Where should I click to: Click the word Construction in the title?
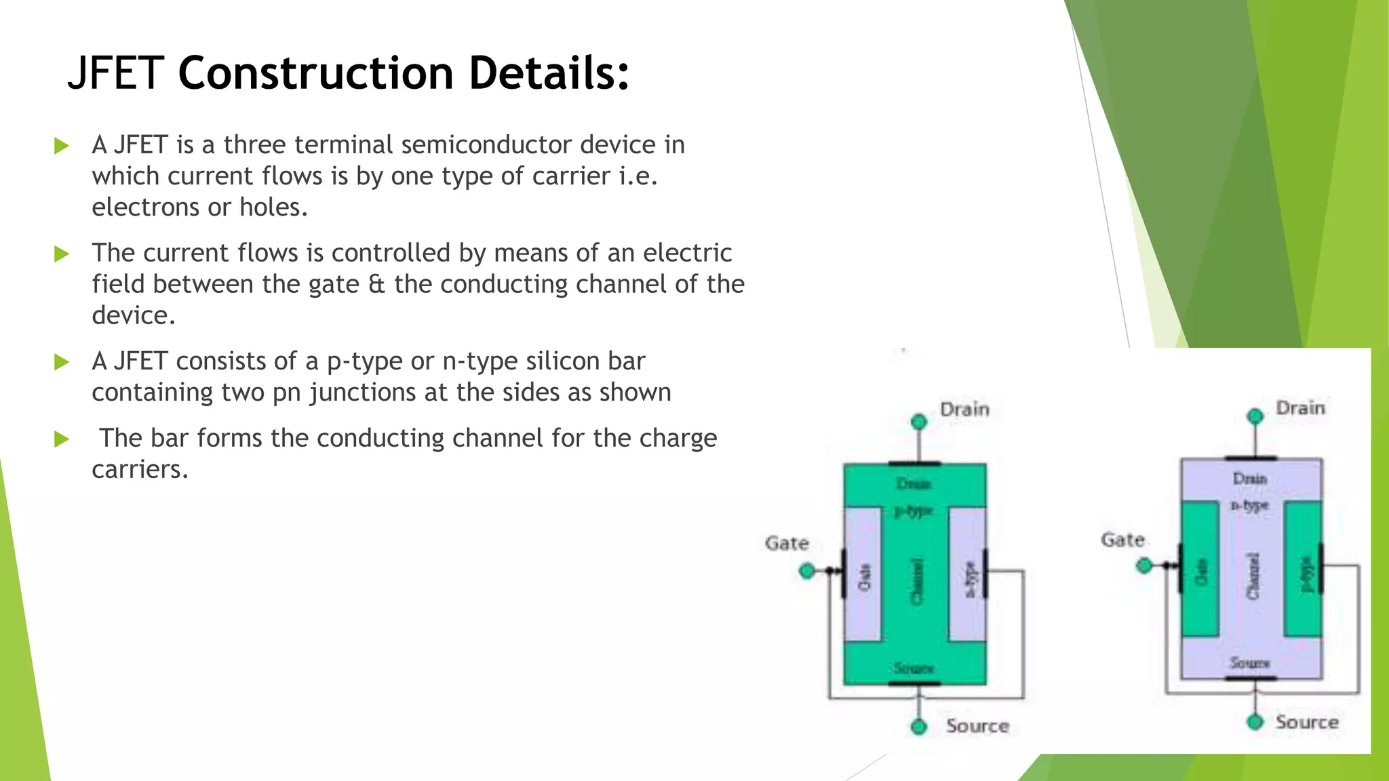(x=315, y=73)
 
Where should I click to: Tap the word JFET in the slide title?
(x=115, y=73)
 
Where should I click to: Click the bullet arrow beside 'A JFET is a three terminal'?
(x=62, y=146)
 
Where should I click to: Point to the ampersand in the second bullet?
(x=376, y=284)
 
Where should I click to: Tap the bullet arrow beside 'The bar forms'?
(x=62, y=439)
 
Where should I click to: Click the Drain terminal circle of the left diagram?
(x=919, y=422)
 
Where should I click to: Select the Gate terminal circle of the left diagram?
(x=807, y=571)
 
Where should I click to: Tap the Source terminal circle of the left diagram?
(x=919, y=727)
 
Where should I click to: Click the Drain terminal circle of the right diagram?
(x=1255, y=416)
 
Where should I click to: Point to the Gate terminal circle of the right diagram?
(x=1144, y=565)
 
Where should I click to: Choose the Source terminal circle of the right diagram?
(x=1255, y=721)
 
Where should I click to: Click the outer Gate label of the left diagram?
(x=787, y=544)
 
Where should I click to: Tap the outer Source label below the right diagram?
(x=1307, y=722)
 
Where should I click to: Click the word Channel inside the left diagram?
(x=916, y=580)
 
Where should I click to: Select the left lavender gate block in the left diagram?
(x=863, y=574)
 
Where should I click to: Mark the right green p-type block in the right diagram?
(x=1303, y=568)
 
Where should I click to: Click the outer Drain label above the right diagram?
(x=1300, y=408)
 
